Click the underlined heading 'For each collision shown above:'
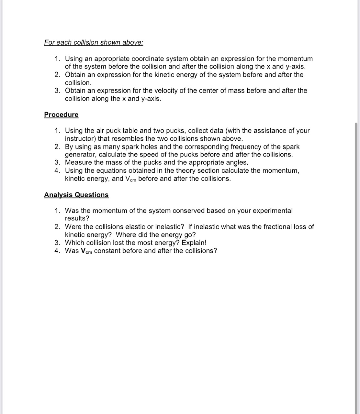[94, 42]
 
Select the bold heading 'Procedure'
[61, 114]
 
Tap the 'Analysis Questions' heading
[76, 195]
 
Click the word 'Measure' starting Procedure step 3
[78, 162]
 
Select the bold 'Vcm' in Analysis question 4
[86, 251]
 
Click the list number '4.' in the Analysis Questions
[57, 251]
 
